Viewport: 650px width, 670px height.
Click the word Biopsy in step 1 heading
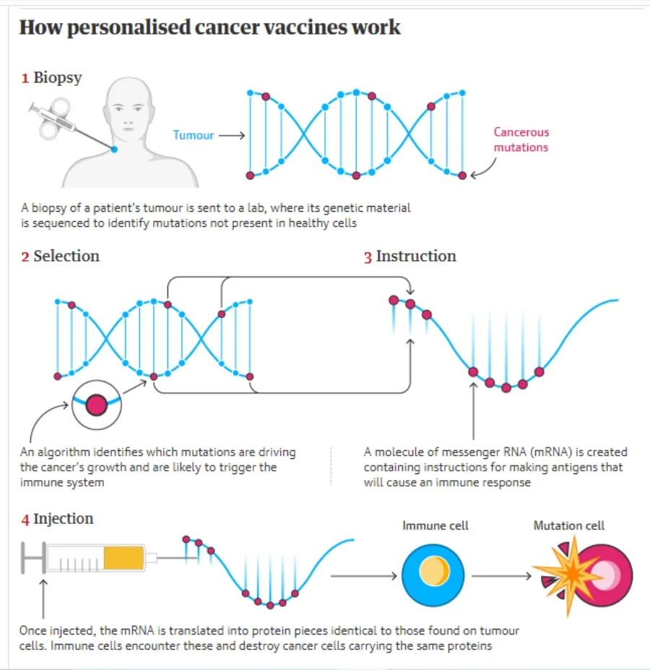pos(58,78)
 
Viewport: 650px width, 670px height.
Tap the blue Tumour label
pos(194,135)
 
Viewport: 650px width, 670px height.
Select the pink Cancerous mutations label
pos(521,139)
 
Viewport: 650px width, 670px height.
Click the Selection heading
pos(66,256)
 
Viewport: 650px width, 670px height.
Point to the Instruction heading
pos(416,256)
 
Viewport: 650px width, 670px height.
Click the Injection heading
pos(64,519)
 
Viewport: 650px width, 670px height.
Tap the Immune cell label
pos(435,525)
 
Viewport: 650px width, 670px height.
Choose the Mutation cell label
pos(569,525)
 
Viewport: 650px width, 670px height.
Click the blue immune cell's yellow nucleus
pos(434,571)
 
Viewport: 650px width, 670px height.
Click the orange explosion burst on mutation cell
pos(570,575)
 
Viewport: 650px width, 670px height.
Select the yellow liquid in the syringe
pos(123,558)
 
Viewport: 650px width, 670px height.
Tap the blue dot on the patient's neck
pos(114,149)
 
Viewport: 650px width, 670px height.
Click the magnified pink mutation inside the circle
pos(97,405)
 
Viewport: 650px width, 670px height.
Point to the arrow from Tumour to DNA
pos(232,135)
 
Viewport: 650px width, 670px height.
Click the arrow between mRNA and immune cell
pos(364,576)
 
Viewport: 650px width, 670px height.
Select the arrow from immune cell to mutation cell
pos(501,576)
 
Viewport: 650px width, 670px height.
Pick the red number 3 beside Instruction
pos(368,257)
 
